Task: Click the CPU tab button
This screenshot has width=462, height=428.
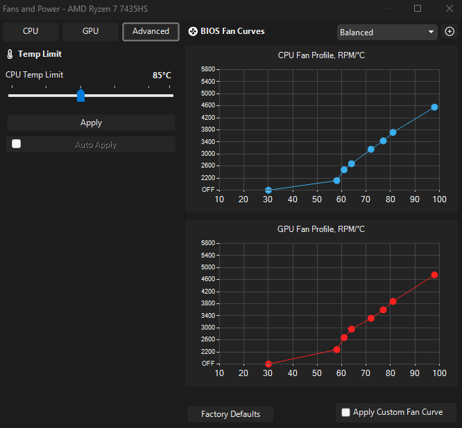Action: click(31, 31)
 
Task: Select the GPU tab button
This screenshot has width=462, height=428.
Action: click(90, 31)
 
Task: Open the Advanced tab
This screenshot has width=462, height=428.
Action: click(151, 31)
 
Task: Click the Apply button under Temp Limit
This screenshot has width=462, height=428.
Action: click(91, 123)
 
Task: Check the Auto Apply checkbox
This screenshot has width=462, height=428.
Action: click(16, 144)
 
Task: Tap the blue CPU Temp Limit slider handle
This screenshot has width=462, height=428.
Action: click(80, 95)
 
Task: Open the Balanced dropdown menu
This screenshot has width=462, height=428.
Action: click(387, 32)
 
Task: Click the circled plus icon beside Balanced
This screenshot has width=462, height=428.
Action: click(450, 31)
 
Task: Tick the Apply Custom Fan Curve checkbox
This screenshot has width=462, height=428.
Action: click(345, 412)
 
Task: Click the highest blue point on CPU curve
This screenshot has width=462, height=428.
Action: click(434, 107)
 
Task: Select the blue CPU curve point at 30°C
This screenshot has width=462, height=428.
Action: click(268, 190)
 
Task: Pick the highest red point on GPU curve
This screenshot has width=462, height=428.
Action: click(434, 275)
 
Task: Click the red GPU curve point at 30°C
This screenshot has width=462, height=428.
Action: click(268, 364)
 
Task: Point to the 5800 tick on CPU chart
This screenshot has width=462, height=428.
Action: click(208, 69)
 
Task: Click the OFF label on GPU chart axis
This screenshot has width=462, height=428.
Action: click(208, 364)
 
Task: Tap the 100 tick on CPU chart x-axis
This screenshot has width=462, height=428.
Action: click(439, 199)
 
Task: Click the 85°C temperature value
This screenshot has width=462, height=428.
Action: click(162, 75)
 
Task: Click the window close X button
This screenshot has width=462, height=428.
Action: click(450, 8)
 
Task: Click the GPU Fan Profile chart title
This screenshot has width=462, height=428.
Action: click(321, 229)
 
